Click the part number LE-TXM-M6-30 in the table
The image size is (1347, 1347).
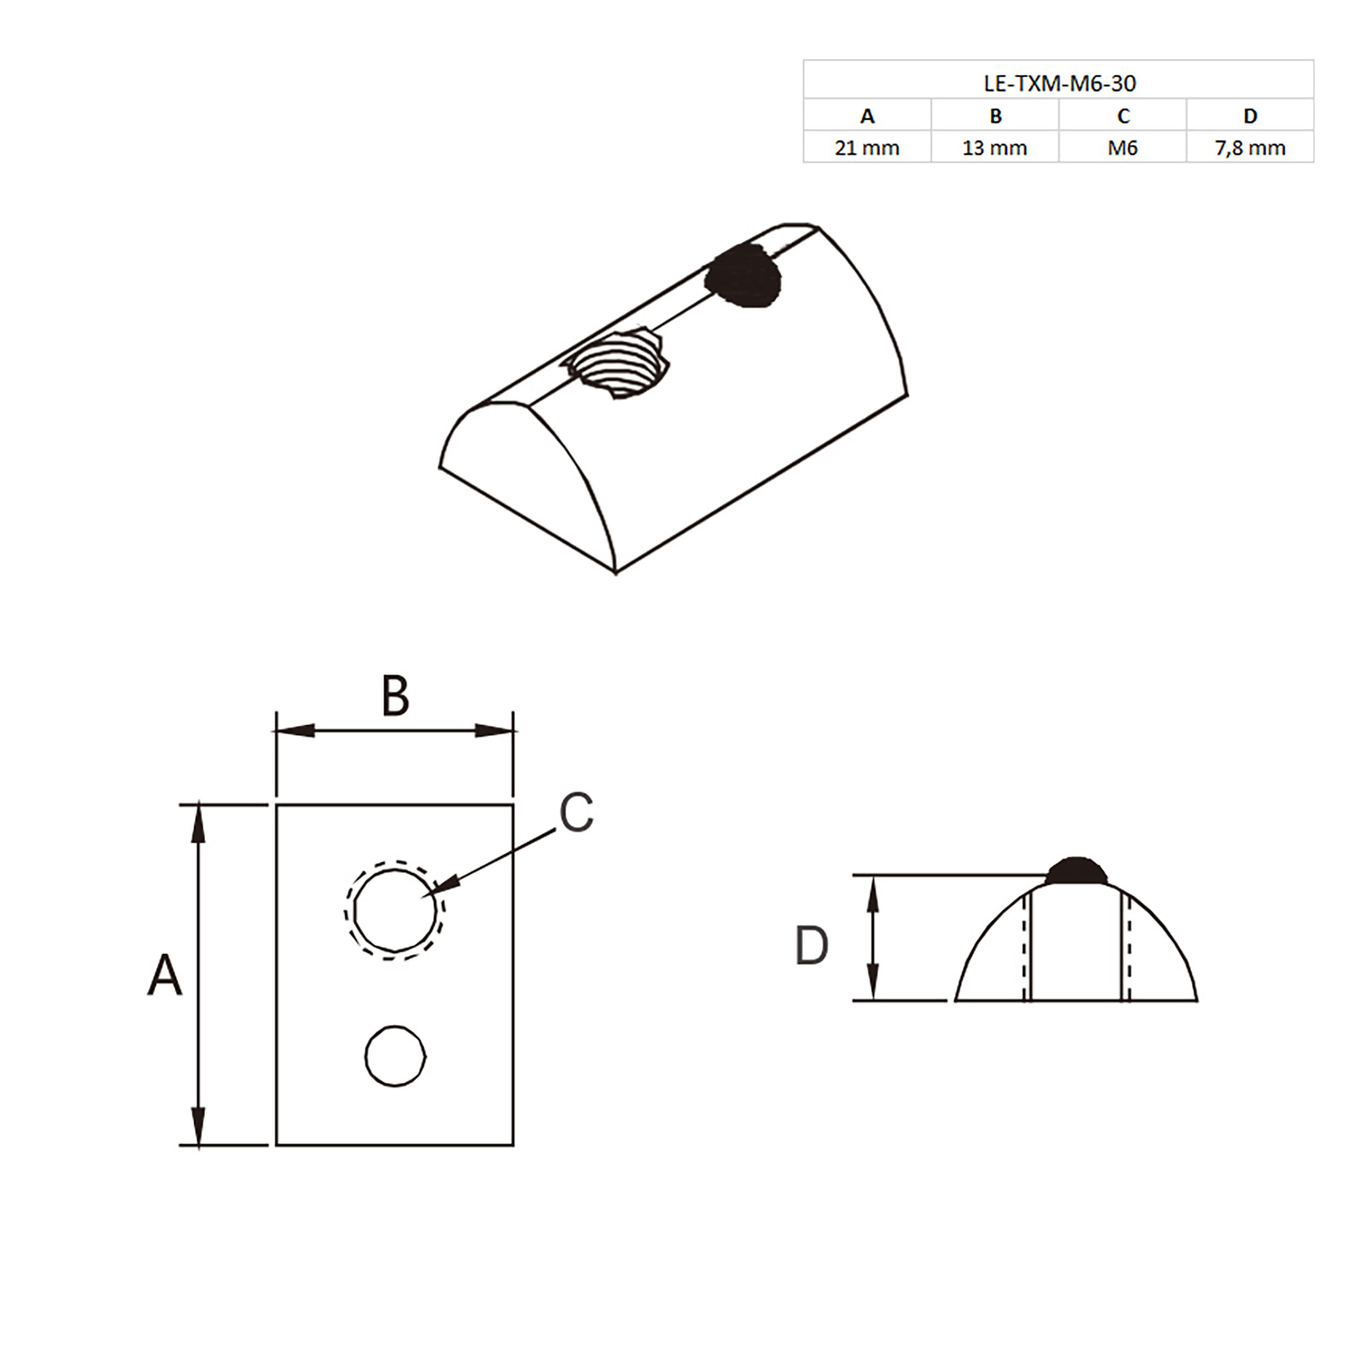1060,83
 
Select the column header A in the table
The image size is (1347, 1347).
867,116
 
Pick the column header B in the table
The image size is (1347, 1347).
996,116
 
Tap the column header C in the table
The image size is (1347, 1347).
1123,116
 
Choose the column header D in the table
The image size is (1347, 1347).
1251,116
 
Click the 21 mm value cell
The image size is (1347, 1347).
867,148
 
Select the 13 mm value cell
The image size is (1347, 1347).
995,148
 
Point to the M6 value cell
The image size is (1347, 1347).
1123,148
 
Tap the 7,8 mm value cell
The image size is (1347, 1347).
1251,148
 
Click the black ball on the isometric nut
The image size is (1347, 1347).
742,276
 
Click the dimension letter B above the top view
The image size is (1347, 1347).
395,696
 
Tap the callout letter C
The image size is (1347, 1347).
577,813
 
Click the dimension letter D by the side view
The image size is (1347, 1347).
811,946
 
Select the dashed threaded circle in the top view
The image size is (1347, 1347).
394,911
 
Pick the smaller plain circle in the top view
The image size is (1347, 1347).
395,1056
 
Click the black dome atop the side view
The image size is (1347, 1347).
1077,871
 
